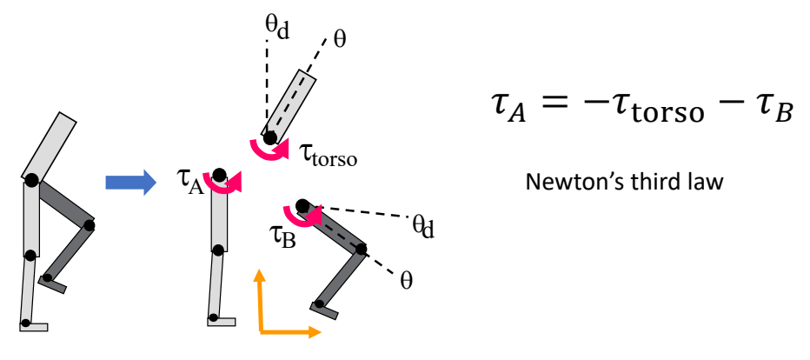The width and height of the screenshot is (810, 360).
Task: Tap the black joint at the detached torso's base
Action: pos(271,137)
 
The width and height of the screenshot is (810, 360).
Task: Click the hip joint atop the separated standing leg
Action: pos(218,174)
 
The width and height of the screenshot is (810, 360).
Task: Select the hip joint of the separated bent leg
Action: pos(302,206)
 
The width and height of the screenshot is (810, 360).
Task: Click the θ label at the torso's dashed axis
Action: pos(339,41)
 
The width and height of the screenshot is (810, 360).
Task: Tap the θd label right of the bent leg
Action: pos(422,228)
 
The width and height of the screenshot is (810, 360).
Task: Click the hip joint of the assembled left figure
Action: pos(31,180)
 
